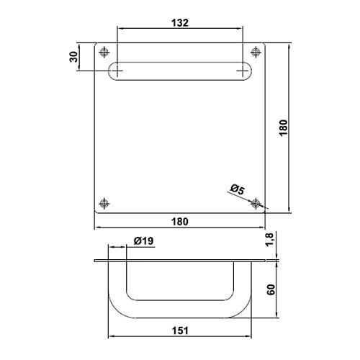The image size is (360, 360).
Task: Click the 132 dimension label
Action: click(180, 23)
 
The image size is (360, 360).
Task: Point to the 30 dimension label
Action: click(74, 57)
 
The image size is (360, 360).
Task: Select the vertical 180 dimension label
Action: click(284, 128)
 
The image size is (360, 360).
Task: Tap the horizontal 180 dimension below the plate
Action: click(180, 222)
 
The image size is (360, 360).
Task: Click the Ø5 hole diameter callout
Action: click(238, 189)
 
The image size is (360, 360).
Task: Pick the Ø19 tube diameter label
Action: click(143, 240)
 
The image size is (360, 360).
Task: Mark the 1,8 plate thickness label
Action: click(270, 239)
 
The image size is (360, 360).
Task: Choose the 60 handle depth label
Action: click(271, 289)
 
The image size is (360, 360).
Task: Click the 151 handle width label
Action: click(180, 330)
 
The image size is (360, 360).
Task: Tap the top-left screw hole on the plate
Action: click(104, 52)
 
